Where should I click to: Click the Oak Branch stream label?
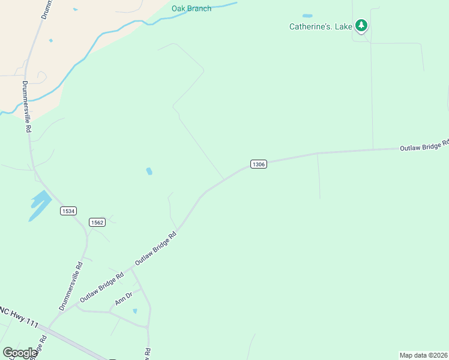pos(191,8)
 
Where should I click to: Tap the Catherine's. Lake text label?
pos(321,26)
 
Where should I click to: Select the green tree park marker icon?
pos(361,25)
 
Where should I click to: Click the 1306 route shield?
pos(258,164)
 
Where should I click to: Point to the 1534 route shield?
pos(68,211)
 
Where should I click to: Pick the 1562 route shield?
pos(97,222)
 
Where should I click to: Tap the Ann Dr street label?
pos(124,299)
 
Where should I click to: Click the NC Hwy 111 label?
pos(19,318)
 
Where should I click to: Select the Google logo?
pos(20,353)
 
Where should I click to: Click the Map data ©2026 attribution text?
pos(423,355)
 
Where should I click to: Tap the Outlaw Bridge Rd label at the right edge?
pos(424,146)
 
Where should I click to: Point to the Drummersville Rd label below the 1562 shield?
pos(71,286)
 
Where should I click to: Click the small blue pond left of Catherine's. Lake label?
pos(307,16)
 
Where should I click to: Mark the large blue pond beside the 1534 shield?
pos(40,205)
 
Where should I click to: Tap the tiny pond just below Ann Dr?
pos(134,311)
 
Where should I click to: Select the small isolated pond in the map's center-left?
pos(149,172)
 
